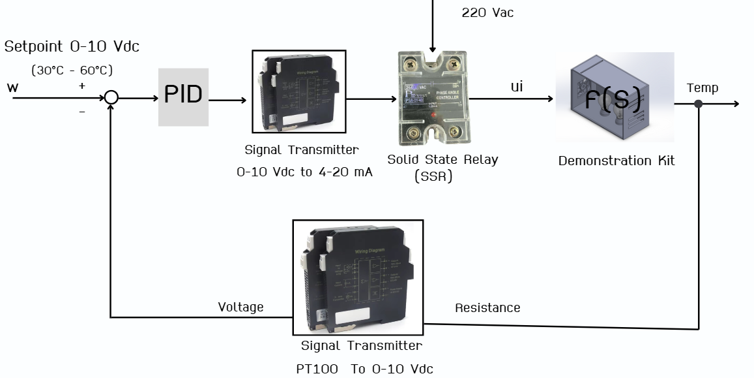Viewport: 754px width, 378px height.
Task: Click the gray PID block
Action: coord(183,97)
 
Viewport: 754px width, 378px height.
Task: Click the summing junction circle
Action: coord(111,98)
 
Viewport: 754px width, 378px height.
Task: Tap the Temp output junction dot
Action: coord(698,103)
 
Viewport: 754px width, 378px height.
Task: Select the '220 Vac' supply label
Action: coord(487,12)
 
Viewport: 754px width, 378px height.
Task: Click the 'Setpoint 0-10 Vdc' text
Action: coord(72,47)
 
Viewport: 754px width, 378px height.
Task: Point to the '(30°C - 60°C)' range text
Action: coord(72,70)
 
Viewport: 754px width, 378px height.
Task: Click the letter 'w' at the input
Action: coord(13,87)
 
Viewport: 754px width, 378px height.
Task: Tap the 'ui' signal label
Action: coord(517,86)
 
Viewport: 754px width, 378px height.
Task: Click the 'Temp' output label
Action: coord(703,87)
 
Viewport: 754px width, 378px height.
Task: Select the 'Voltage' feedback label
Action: coord(240,307)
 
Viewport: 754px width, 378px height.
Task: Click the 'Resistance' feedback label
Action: coord(487,307)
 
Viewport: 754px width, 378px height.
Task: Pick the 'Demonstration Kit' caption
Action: coord(616,161)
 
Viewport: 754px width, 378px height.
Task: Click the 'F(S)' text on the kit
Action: coord(613,99)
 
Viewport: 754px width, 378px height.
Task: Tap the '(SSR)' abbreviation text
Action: coord(433,176)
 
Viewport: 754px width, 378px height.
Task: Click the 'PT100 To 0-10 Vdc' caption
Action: coord(364,369)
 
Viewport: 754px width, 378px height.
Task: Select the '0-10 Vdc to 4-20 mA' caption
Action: coord(304,172)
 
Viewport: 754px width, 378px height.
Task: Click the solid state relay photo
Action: coord(433,97)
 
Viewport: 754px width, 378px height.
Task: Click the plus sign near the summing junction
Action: coord(82,86)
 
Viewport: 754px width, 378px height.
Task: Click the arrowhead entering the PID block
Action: coord(154,99)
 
